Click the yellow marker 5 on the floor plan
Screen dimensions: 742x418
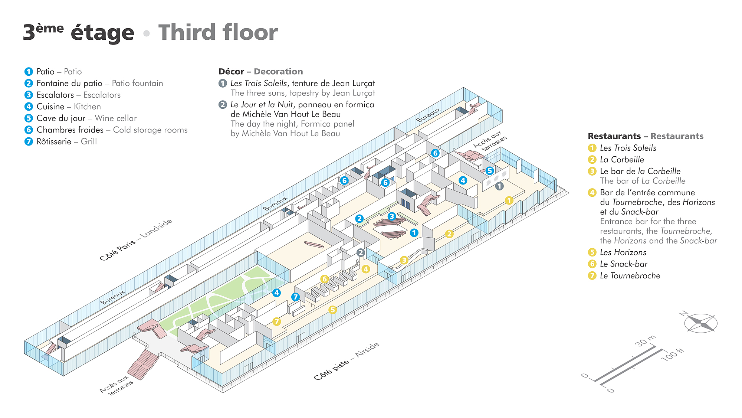point(332,310)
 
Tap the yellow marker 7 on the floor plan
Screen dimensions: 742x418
point(276,321)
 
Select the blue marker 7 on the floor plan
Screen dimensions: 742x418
point(295,297)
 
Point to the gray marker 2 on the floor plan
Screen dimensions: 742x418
point(361,253)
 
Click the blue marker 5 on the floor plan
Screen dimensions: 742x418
point(490,171)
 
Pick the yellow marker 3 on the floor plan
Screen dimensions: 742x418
point(404,260)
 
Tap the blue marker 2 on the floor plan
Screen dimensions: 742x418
point(359,219)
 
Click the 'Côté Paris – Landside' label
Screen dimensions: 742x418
point(136,239)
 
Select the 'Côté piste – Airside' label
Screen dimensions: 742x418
point(347,361)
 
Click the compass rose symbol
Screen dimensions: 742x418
point(700,322)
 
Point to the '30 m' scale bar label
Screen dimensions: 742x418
point(646,341)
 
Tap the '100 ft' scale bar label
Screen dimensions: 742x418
point(672,355)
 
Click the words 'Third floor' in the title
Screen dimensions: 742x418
point(218,32)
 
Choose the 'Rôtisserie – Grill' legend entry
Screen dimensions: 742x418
point(67,141)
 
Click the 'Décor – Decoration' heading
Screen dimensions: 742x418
point(261,71)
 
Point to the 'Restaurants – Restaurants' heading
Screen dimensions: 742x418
point(646,136)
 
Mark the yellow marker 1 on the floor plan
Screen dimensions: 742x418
point(509,200)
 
